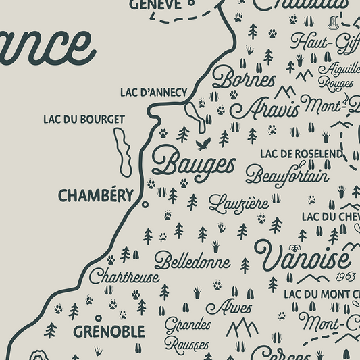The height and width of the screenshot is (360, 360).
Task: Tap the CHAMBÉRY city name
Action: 95,195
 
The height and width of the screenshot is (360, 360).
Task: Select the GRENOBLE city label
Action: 109,332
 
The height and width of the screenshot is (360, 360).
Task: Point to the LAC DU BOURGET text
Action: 84,120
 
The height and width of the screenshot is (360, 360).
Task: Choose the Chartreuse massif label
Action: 124,277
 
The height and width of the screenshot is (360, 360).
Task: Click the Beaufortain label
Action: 286,176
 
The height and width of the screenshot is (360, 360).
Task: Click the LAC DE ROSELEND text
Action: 301,154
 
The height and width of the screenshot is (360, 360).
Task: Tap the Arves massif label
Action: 228,308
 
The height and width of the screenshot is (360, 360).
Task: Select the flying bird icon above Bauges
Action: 203,144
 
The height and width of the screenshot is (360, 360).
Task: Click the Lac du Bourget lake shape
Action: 122,151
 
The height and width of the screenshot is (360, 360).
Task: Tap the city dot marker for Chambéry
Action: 143,202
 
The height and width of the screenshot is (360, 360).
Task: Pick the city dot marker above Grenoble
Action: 99,317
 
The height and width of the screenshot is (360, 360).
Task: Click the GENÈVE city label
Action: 155,5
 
